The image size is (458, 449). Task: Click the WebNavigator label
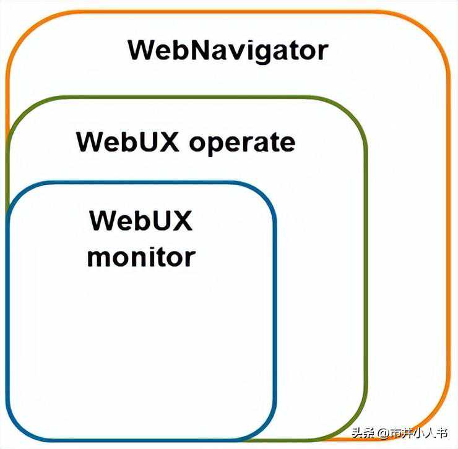point(227,49)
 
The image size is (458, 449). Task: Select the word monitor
point(140,255)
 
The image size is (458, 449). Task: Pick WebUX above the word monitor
point(140,220)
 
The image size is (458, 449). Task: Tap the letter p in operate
point(213,145)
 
